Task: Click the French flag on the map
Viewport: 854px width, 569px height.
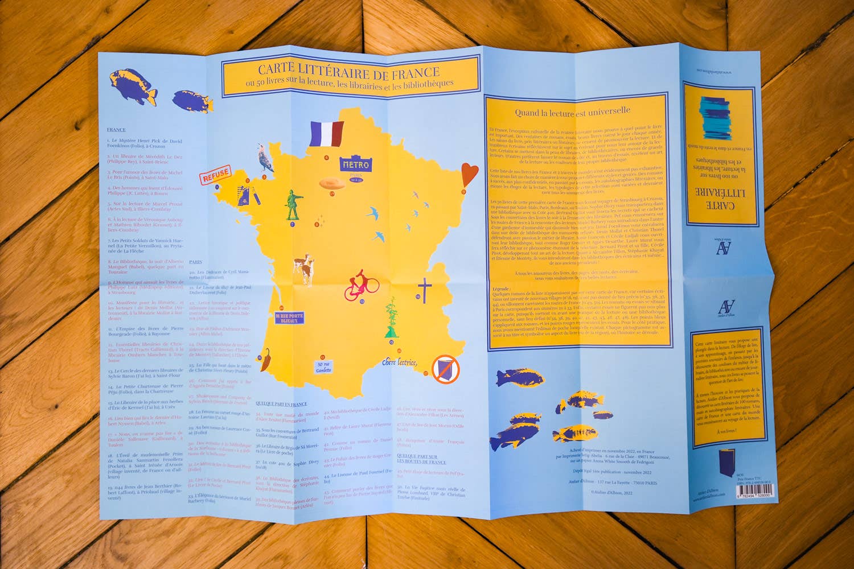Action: pos(327,134)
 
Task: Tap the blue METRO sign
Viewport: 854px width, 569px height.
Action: pos(355,164)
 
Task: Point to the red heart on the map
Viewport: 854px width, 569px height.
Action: pos(469,174)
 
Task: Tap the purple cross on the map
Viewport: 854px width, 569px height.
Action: pos(425,289)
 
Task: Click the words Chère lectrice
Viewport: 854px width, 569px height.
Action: pos(400,362)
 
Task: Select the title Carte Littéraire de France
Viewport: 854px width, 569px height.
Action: pos(348,71)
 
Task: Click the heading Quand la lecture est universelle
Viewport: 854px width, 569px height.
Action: pos(572,112)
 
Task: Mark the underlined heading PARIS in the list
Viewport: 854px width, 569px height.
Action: pos(195,262)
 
